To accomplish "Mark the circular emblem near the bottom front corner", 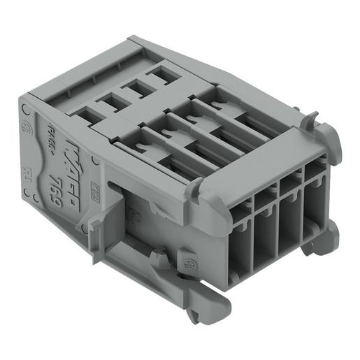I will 189,264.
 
